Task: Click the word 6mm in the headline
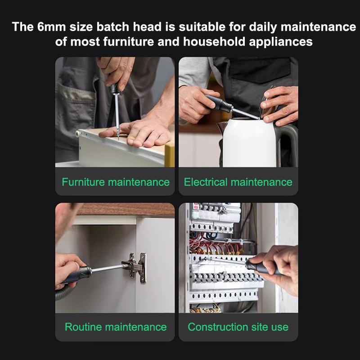[51, 27]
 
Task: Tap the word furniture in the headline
[128, 42]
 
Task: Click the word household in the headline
[214, 42]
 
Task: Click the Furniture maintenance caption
[116, 182]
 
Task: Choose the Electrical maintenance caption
[238, 182]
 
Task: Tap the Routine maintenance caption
[116, 327]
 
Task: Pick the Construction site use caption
[238, 327]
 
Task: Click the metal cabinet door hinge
[135, 267]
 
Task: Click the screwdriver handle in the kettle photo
[219, 103]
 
